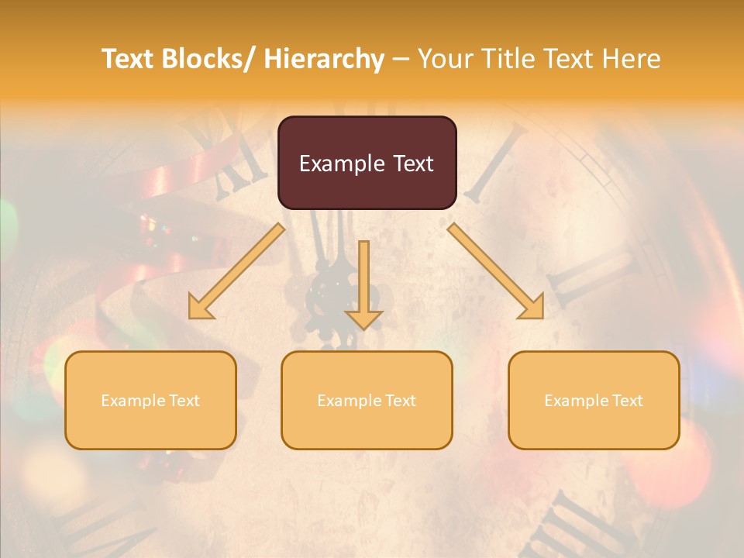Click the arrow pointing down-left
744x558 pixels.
pos(237,271)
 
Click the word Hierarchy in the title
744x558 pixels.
pos(323,59)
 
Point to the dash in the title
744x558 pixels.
pos(401,59)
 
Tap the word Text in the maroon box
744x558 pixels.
pos(413,164)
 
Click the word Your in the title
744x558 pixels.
pos(444,59)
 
